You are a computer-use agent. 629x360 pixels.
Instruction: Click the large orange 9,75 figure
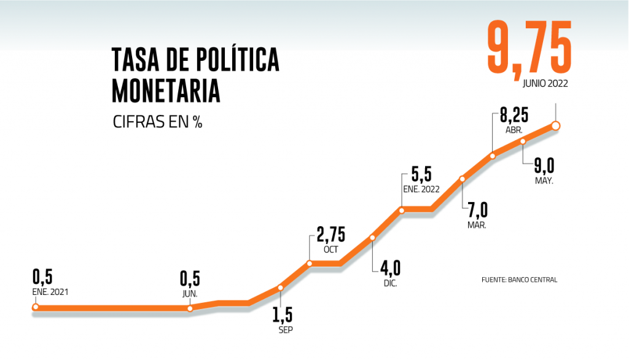click(529, 47)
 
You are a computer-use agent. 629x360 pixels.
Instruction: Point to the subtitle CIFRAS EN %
click(158, 122)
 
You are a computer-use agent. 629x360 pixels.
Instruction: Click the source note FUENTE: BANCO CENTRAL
click(519, 280)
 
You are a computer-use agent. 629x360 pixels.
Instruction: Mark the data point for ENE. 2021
click(36, 307)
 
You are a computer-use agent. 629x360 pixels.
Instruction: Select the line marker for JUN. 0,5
click(190, 308)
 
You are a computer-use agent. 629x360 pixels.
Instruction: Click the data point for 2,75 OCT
click(310, 264)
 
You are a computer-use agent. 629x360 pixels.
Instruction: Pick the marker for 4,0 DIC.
click(372, 237)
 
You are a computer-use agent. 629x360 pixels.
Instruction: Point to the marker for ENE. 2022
click(402, 210)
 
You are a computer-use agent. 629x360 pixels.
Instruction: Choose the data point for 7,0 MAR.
click(463, 179)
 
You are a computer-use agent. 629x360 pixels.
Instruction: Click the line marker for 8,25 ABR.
click(493, 155)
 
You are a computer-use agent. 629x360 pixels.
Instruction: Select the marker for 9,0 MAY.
click(523, 141)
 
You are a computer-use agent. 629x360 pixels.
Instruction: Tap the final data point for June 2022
click(556, 125)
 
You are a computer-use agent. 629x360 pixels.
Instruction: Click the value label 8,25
click(512, 117)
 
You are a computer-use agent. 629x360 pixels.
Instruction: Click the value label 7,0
click(477, 211)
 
